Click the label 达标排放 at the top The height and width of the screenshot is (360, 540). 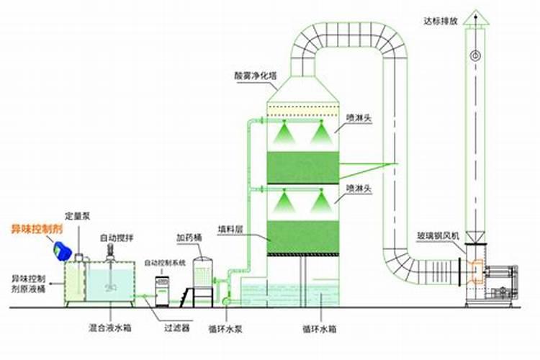[441, 20]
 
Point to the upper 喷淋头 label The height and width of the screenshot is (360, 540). [359, 117]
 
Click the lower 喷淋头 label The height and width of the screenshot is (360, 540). [359, 188]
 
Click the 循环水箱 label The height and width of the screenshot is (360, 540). [318, 329]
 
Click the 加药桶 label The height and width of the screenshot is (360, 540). [188, 236]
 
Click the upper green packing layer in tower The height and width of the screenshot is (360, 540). [303, 167]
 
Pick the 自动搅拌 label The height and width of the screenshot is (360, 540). [116, 238]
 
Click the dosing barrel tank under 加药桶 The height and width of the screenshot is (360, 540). [203, 274]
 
